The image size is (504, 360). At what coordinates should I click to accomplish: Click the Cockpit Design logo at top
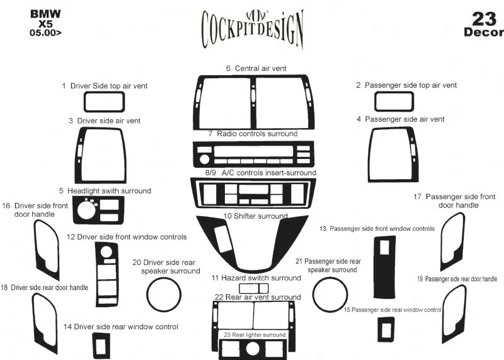[x=252, y=28]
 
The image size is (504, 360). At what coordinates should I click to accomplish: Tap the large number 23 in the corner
[x=483, y=18]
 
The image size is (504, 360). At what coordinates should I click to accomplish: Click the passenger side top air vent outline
[x=394, y=102]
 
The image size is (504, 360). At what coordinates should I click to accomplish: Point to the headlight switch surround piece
[x=98, y=210]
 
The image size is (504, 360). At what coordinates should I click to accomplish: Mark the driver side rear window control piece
[x=101, y=344]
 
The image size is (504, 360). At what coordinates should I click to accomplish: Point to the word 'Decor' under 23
[x=483, y=33]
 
